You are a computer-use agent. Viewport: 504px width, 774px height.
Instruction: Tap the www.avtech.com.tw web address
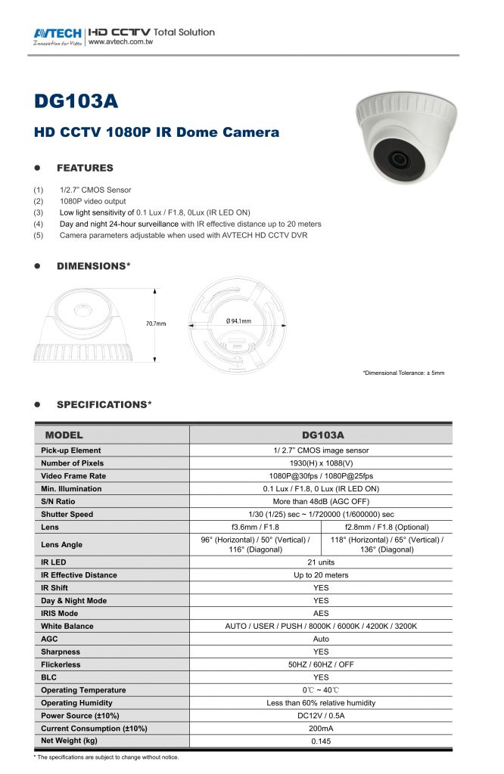[120, 42]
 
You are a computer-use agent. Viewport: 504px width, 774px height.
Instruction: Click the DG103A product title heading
[76, 101]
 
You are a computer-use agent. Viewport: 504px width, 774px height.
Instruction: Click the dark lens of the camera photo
[398, 159]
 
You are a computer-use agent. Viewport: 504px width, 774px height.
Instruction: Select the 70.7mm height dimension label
[156, 324]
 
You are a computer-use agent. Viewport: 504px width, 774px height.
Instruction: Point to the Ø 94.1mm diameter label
[238, 321]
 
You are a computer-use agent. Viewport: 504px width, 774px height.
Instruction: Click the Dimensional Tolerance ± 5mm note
[403, 373]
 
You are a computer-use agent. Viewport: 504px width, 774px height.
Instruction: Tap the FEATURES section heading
[85, 168]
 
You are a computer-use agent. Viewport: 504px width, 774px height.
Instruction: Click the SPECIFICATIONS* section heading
[104, 405]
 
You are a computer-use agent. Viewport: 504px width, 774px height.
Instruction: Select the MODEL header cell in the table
[64, 435]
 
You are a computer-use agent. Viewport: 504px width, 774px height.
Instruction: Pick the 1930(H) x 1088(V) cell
[321, 463]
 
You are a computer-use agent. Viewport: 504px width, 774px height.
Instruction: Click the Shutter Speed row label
[67, 514]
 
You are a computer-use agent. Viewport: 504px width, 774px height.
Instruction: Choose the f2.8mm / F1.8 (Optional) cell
[387, 527]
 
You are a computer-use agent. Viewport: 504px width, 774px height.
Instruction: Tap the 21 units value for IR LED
[321, 562]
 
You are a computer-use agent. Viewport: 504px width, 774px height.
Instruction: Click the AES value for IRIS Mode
[321, 613]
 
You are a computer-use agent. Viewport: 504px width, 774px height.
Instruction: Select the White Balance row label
[67, 626]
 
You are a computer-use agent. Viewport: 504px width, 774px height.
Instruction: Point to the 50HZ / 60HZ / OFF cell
[321, 664]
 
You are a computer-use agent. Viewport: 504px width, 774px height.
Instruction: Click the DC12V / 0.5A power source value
[321, 716]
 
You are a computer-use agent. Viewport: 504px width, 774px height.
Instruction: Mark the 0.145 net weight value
[321, 741]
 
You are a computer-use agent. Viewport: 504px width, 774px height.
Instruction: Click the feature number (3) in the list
[38, 212]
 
